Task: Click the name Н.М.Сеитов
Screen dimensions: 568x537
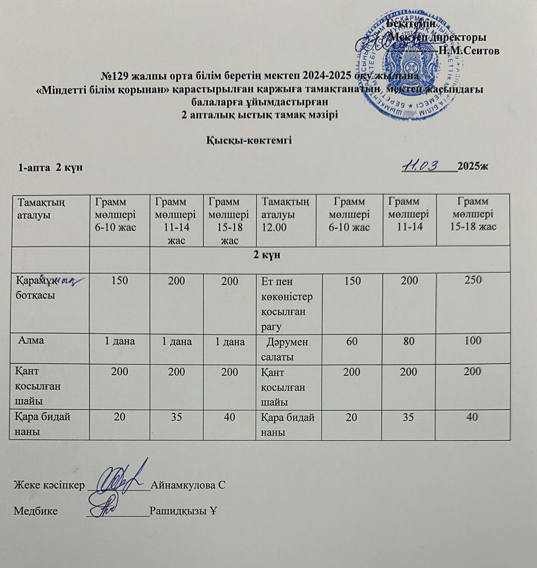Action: (x=469, y=51)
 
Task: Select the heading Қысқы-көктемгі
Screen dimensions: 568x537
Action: (x=249, y=141)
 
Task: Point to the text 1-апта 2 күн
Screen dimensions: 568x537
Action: (x=50, y=168)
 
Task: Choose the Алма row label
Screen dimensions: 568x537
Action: (x=31, y=340)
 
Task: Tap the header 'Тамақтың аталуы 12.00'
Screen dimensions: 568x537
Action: (x=285, y=214)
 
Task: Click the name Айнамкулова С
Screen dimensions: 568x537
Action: (x=188, y=485)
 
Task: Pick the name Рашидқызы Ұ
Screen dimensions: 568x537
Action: (x=183, y=511)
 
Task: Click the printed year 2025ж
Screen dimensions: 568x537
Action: (x=473, y=166)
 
